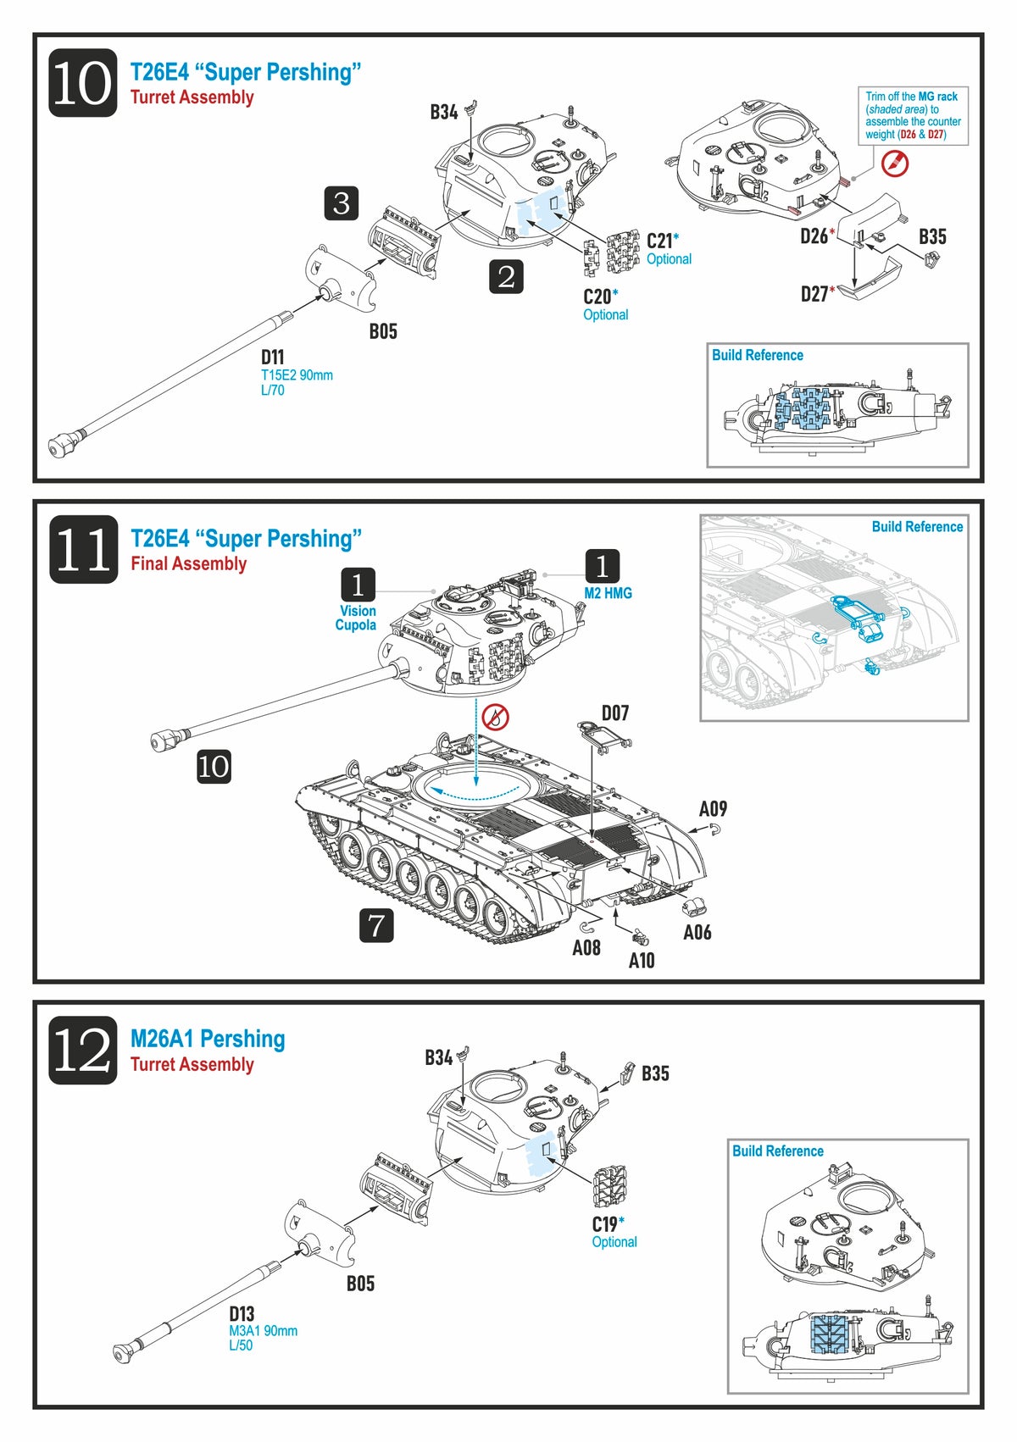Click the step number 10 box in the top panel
[82, 83]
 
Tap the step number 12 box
[82, 1051]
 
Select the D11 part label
[272, 357]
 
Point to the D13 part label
[242, 1314]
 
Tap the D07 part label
[615, 713]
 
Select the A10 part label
[642, 960]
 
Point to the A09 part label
[713, 809]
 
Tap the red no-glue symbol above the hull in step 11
[495, 718]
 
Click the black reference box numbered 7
[376, 925]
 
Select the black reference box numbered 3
[342, 203]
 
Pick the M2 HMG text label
[608, 593]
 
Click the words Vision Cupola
[357, 618]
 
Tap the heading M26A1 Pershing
[208, 1039]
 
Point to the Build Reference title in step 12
[777, 1151]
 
